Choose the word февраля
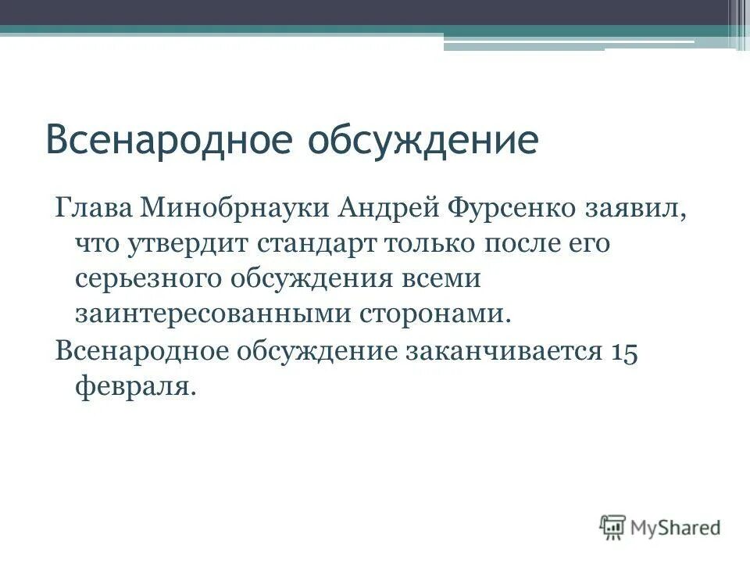coord(133,385)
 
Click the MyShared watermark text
coord(676,527)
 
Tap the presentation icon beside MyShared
coord(613,526)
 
